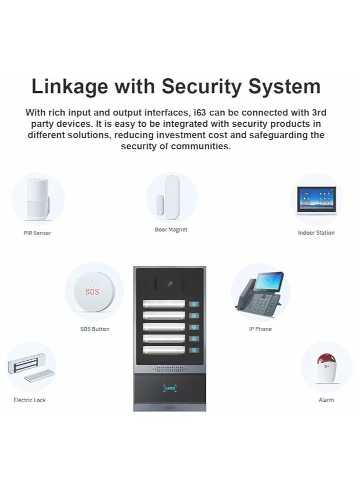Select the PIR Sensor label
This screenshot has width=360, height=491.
coord(37,233)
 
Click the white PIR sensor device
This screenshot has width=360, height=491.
coord(37,198)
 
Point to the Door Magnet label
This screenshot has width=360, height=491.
coord(171,230)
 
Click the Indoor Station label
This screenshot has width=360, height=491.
coord(316,233)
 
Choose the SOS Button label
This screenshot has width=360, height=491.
coord(95,329)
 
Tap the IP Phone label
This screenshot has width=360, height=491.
coord(260,329)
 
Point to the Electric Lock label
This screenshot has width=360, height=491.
coord(30,400)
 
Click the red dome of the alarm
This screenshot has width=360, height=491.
coord(325,360)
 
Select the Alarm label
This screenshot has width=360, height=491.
coord(326,400)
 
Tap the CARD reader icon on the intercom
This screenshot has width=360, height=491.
coord(170,388)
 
